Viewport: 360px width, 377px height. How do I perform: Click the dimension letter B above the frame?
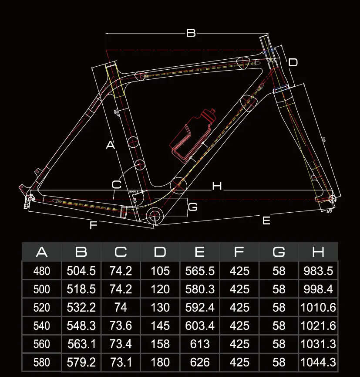click(x=191, y=33)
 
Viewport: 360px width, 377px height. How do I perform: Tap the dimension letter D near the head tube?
click(x=293, y=62)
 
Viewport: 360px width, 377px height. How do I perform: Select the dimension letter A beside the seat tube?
click(x=111, y=145)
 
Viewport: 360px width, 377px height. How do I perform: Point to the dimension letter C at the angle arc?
click(x=116, y=184)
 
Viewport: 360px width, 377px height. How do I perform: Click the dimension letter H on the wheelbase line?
click(x=217, y=187)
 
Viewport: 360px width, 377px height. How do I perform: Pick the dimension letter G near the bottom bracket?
click(x=192, y=207)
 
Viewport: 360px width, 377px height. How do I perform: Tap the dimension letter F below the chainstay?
click(x=93, y=225)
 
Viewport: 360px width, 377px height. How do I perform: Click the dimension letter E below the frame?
click(x=266, y=221)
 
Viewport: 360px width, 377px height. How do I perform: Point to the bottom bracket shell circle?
click(x=155, y=215)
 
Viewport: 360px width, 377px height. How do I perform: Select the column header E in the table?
click(x=200, y=252)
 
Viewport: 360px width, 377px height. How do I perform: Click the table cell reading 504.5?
click(x=81, y=271)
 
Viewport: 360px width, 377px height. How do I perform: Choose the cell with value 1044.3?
click(x=318, y=362)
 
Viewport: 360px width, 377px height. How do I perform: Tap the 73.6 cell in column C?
click(x=121, y=326)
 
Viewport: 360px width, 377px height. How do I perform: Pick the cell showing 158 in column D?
click(x=160, y=344)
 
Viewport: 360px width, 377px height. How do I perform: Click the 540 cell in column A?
click(x=42, y=326)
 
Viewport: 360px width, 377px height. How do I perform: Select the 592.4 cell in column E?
click(x=200, y=307)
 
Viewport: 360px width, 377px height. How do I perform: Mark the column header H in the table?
click(x=318, y=252)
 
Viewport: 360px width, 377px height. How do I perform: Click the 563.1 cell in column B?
click(x=81, y=344)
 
